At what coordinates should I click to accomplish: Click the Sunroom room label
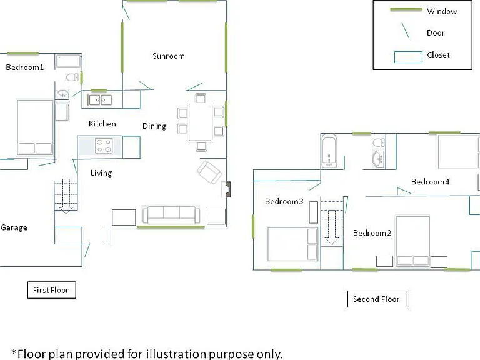(x=169, y=56)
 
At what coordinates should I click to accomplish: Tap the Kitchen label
(x=102, y=124)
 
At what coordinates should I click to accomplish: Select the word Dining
(x=154, y=126)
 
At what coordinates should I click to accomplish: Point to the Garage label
(x=14, y=227)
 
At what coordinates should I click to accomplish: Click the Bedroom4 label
(x=430, y=182)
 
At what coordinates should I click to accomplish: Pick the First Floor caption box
(x=52, y=290)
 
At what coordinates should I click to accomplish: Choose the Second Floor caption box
(x=377, y=299)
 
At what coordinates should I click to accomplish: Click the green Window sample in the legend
(x=406, y=10)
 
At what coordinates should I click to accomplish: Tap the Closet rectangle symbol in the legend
(x=408, y=57)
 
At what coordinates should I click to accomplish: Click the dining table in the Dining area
(x=201, y=122)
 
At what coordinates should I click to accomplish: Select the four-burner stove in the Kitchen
(x=104, y=146)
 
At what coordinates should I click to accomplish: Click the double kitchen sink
(x=100, y=100)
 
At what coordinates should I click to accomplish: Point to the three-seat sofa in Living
(x=171, y=215)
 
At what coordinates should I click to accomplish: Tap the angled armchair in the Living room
(x=209, y=172)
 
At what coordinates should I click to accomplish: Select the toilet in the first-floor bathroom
(x=72, y=77)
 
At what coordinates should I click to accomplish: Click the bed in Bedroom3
(x=292, y=244)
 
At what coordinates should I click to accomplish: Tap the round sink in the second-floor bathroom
(x=378, y=159)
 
